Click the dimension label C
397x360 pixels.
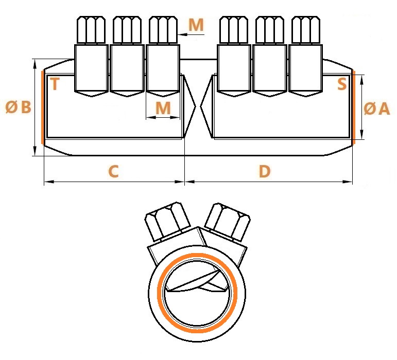[113, 171]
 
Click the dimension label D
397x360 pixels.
[265, 171]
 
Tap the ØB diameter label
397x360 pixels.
[18, 106]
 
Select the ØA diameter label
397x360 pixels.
[376, 109]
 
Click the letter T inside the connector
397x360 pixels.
[55, 84]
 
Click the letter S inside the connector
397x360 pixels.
[342, 84]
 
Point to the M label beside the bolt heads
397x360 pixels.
[196, 25]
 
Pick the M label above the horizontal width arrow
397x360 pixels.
[163, 108]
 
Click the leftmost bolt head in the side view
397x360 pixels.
[91, 30]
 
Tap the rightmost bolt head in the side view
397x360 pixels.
[306, 30]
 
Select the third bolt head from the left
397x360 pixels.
[163, 30]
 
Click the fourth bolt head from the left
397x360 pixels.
[234, 30]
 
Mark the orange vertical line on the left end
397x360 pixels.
[42, 107]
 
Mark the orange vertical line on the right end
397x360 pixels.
[354, 107]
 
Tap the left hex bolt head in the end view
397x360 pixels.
[167, 220]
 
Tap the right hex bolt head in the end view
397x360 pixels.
[228, 221]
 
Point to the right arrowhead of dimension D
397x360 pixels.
[348, 182]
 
